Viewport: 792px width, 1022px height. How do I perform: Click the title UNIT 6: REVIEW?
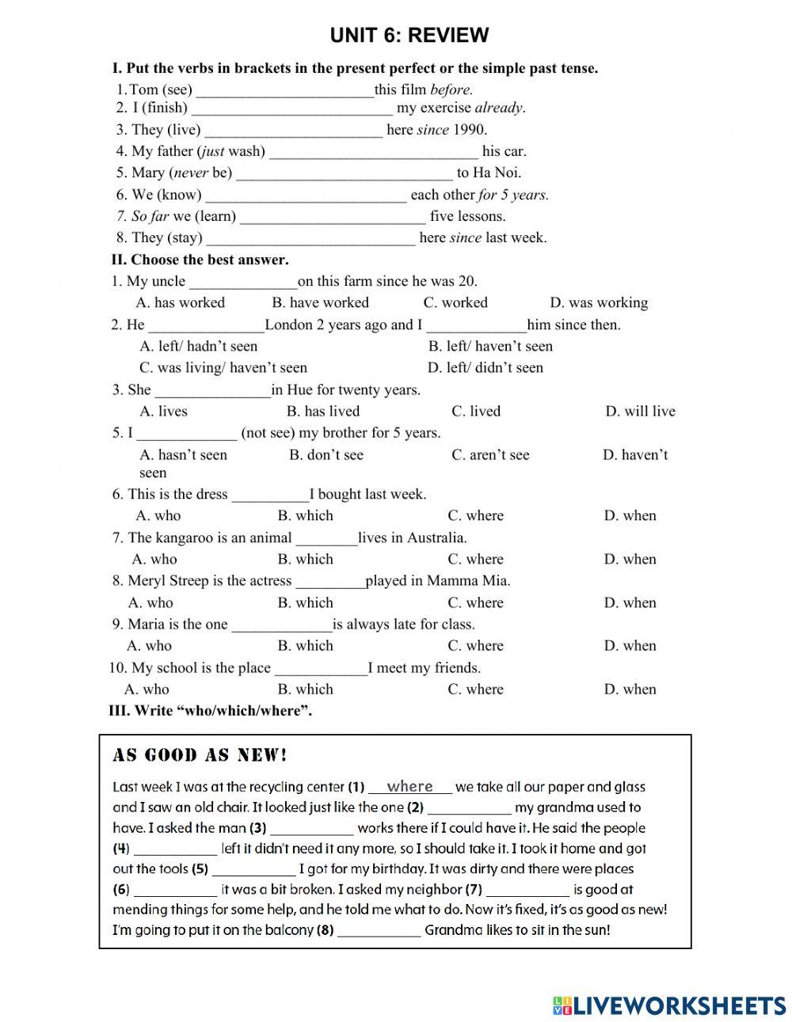point(409,36)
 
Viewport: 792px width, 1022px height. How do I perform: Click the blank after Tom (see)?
point(285,90)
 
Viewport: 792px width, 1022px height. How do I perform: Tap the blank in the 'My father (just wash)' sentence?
point(374,151)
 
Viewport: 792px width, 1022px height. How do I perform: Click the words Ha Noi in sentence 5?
point(498,173)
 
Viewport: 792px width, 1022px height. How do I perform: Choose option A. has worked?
point(181,302)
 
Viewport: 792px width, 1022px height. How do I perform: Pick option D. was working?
point(598,302)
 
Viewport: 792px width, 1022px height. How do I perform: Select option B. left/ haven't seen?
point(490,346)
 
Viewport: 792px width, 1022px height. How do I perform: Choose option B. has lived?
point(322,411)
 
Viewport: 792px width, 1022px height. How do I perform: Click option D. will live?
point(640,411)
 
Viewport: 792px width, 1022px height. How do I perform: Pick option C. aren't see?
point(490,454)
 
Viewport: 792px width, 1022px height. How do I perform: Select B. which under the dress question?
point(305,515)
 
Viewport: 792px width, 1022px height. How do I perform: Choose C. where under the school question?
point(475,689)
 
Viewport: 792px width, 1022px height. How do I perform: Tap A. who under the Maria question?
point(149,645)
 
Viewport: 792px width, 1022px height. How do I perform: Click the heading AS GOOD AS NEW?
point(200,755)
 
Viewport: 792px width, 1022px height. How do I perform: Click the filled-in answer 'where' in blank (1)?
point(409,786)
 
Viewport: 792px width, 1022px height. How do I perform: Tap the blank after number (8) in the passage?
point(379,931)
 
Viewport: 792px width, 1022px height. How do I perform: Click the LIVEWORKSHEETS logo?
point(669,1005)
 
